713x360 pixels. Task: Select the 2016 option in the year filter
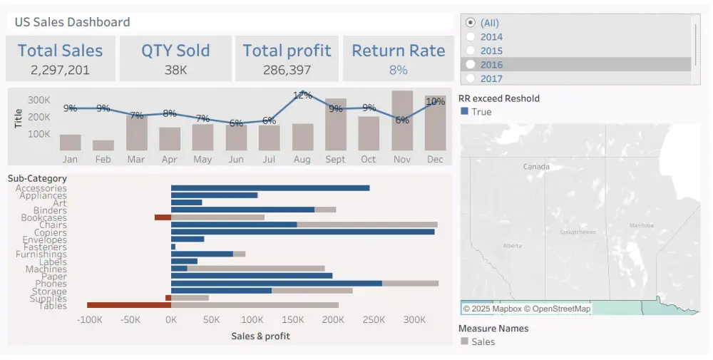(491, 64)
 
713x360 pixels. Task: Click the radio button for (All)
(471, 23)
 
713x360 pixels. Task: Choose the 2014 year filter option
(491, 36)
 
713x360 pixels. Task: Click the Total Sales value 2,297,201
(60, 70)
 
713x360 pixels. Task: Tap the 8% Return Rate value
(398, 70)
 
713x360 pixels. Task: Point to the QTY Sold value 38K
(175, 70)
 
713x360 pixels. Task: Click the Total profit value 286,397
(287, 70)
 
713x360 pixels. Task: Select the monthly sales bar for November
(402, 121)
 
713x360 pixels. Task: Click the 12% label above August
(302, 95)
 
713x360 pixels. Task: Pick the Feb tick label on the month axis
(103, 159)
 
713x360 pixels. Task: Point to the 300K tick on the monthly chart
(39, 100)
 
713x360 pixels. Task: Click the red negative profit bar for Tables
(129, 305)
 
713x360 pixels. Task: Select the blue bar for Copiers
(302, 232)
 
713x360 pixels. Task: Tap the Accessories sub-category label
(41, 188)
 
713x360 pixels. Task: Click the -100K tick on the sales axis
(89, 321)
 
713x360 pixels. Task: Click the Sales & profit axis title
(260, 336)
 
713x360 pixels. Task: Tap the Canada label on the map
(536, 166)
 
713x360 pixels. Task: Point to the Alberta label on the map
(512, 245)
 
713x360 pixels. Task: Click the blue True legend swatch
(465, 112)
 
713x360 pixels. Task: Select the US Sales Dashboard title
(72, 22)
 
